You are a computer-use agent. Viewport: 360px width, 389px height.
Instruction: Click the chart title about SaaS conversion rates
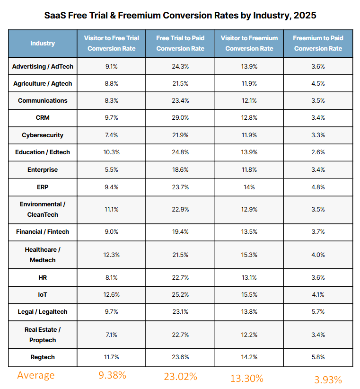coord(180,15)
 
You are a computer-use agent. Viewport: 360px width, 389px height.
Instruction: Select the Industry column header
coord(43,43)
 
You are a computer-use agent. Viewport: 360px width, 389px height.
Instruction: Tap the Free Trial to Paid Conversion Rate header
coord(180,43)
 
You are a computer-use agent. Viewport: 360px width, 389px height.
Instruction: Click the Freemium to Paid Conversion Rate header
coord(318,43)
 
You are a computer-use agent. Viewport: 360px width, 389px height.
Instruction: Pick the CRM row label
coord(43,118)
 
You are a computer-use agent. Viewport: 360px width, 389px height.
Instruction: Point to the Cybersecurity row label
coord(43,135)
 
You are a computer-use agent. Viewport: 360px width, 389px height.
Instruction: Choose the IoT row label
coord(43,294)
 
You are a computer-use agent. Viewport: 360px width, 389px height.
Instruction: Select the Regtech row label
coord(43,357)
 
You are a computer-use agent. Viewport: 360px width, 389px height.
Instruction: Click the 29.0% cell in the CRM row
coord(180,118)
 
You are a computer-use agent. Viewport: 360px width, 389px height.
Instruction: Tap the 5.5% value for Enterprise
coord(112,169)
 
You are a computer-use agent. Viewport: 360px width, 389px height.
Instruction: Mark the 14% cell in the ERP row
coord(249,187)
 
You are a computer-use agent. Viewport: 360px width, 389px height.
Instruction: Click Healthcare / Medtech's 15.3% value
coord(249,255)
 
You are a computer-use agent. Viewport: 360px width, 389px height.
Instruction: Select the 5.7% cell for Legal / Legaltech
coord(318,311)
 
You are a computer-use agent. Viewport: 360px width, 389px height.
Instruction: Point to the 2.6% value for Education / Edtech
coord(318,152)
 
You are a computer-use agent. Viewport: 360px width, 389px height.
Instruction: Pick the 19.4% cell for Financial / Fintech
coord(180,232)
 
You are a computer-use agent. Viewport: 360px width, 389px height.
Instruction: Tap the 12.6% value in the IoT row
coord(112,294)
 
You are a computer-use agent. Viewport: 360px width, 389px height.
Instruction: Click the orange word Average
coord(36,375)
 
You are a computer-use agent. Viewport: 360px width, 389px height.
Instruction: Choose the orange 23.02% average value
coord(180,377)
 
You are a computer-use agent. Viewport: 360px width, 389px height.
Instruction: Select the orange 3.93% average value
coord(328,379)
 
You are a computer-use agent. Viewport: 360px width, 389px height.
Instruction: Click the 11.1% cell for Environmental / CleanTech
coord(112,210)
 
